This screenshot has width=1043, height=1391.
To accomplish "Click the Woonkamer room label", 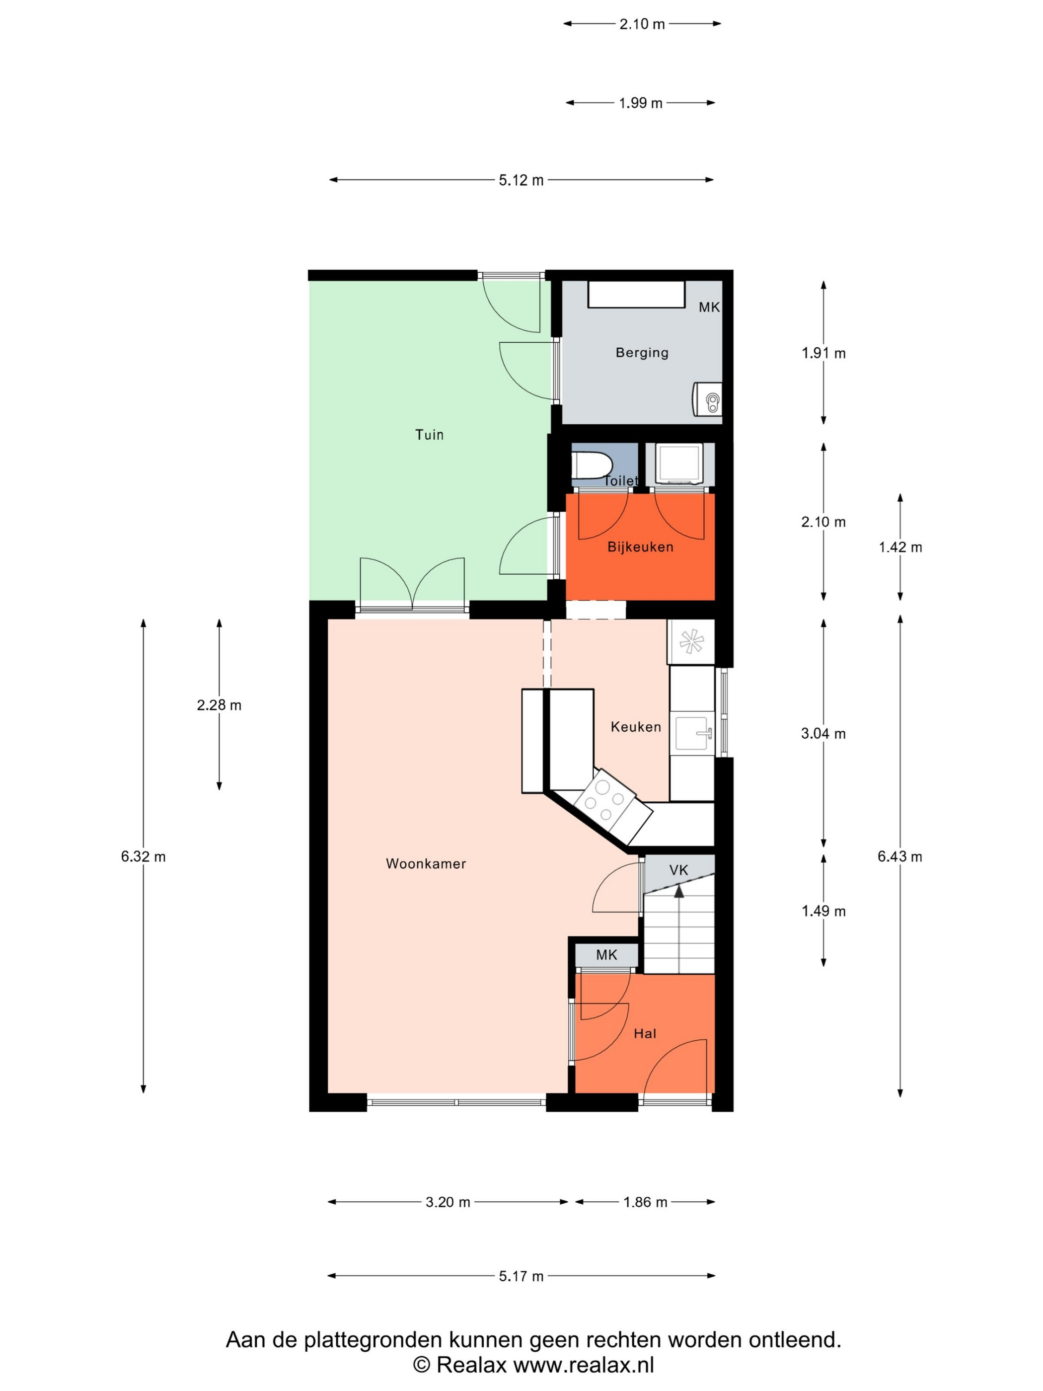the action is click(x=426, y=864).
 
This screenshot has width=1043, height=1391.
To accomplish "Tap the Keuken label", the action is click(x=636, y=727).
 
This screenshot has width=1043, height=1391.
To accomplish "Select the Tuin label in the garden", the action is click(x=430, y=435).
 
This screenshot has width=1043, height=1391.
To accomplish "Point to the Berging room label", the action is click(x=642, y=353).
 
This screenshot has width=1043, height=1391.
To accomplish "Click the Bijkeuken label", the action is click(x=640, y=547).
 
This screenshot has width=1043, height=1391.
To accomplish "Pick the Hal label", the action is click(x=645, y=1033).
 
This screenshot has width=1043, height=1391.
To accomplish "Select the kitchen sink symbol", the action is click(x=694, y=733).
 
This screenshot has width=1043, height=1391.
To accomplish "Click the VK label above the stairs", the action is click(x=678, y=870).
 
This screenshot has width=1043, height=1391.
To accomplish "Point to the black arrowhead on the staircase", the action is click(x=679, y=890).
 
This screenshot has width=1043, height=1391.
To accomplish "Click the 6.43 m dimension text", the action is click(x=899, y=856).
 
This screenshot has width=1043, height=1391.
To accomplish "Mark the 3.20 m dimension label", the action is click(x=447, y=1202).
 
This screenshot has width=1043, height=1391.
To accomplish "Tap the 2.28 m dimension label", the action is click(x=219, y=705).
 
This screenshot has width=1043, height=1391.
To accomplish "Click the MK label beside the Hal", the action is click(x=607, y=955).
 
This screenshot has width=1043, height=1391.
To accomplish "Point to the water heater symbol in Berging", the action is click(x=708, y=399).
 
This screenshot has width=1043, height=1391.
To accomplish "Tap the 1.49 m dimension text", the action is click(x=823, y=911).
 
